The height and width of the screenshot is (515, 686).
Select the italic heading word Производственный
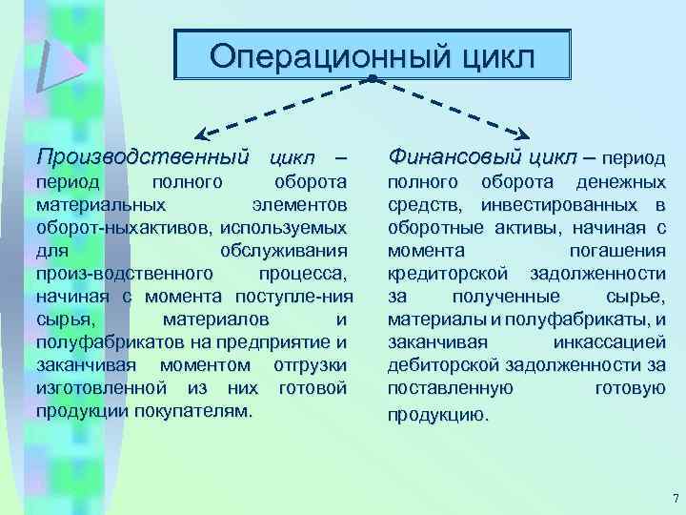pos(142,154)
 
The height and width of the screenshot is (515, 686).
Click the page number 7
pos(674,498)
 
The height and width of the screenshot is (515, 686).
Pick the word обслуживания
pos(283,250)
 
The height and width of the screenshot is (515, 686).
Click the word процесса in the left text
pos(305,273)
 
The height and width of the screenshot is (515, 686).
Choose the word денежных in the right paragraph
pos(622,181)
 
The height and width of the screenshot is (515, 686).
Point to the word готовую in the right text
pos(629,388)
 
